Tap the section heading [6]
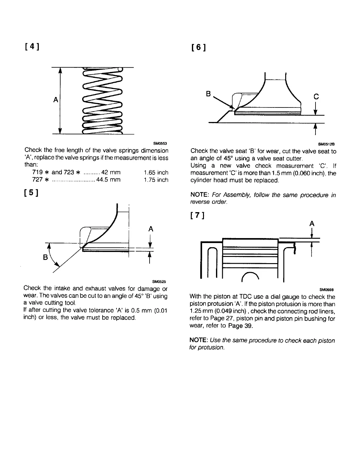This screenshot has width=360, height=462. [x=198, y=47]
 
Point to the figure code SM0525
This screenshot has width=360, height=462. [x=159, y=281]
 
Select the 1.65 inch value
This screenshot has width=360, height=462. [x=156, y=172]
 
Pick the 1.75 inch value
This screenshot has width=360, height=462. [x=156, y=180]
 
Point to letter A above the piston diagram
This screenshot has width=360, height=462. [x=311, y=223]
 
